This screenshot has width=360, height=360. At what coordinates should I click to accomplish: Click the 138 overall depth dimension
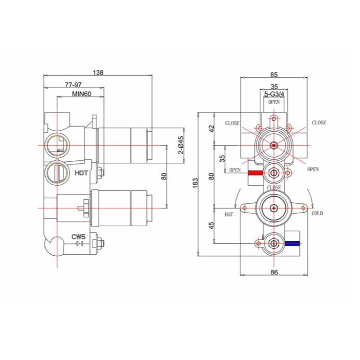[97, 73]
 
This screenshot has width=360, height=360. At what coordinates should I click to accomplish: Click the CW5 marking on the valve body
[78, 237]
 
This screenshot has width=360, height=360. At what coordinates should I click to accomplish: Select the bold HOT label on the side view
[81, 173]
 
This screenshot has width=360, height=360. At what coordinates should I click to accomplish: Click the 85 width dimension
[274, 74]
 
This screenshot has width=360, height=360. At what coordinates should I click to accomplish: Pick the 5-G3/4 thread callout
[274, 94]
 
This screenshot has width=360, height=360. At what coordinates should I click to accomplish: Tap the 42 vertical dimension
[211, 128]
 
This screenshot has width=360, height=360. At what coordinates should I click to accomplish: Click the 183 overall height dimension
[196, 183]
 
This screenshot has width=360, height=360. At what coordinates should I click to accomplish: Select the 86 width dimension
[274, 271]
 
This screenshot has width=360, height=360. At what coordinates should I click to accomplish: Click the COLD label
[317, 213]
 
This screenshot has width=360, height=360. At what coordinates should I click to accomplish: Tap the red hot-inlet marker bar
[255, 173]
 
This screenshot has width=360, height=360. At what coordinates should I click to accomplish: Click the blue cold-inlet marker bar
[294, 242]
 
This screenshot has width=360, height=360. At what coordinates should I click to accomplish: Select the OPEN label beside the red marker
[235, 170]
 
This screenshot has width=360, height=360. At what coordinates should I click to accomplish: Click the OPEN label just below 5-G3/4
[274, 102]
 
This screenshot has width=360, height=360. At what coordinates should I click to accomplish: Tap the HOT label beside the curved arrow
[229, 214]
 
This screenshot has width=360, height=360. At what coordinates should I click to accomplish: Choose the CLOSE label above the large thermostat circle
[273, 187]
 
